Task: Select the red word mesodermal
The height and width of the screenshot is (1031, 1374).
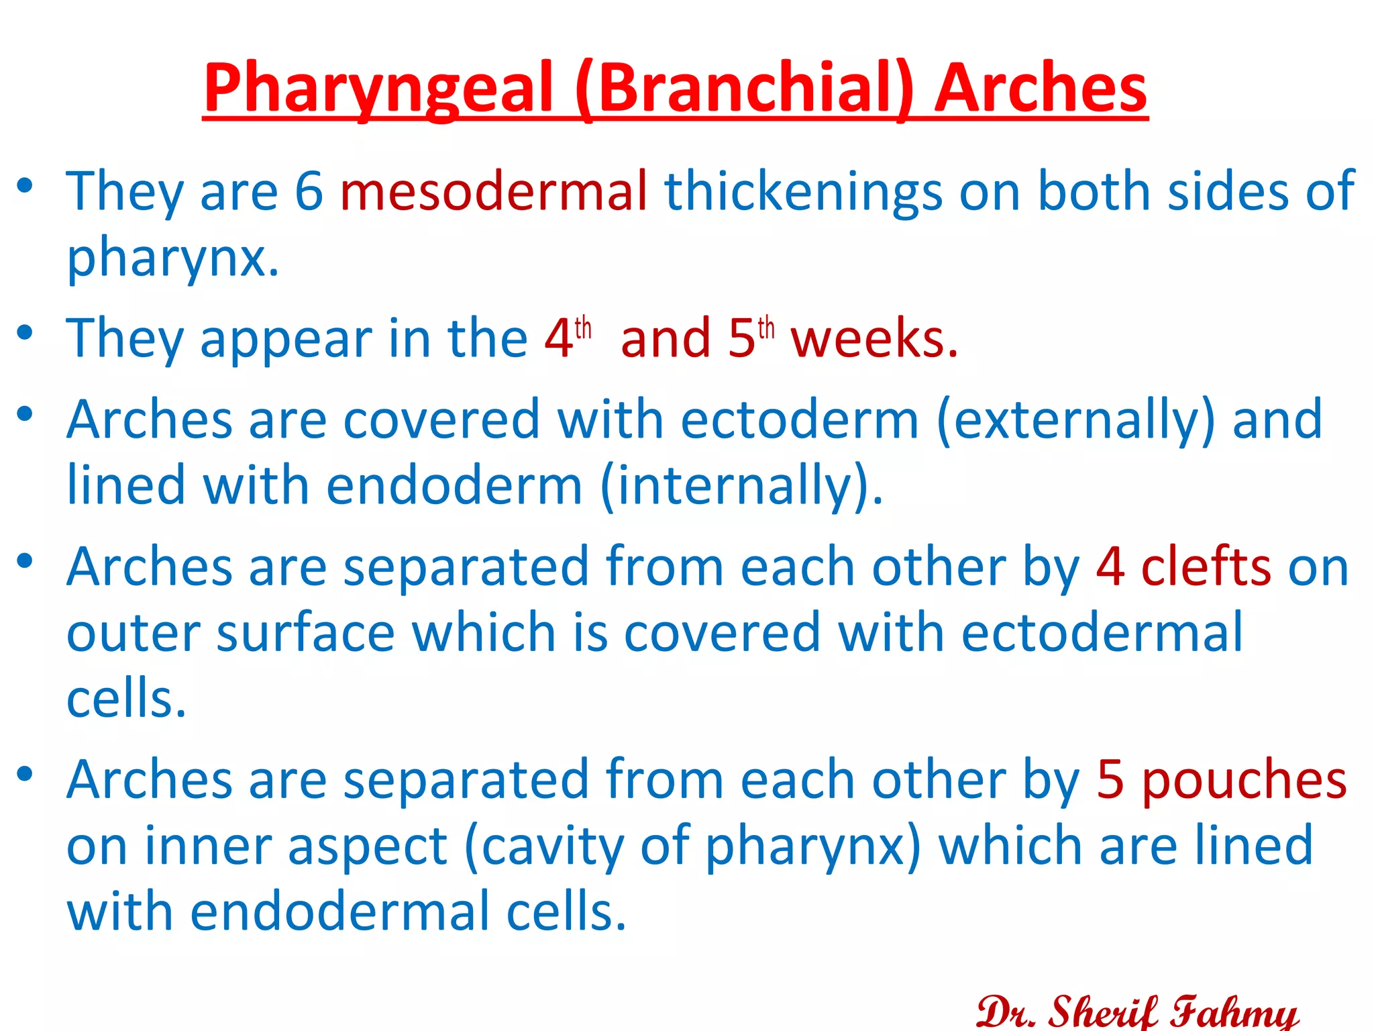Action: tap(494, 191)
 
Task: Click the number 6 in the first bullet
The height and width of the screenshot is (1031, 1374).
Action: tap(309, 191)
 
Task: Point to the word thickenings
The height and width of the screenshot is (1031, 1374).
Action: tap(804, 191)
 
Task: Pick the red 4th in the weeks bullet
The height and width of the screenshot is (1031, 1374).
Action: tap(568, 337)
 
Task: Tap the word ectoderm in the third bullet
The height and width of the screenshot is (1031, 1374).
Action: tap(800, 420)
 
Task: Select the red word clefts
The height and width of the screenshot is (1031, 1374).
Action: tap(1206, 567)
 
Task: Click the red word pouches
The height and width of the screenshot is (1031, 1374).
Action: tap(1244, 781)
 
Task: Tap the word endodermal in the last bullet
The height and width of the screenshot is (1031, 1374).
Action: tap(339, 912)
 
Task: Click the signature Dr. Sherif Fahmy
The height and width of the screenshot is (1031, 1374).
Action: tap(1137, 1011)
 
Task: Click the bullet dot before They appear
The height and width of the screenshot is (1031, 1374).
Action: tap(25, 333)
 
